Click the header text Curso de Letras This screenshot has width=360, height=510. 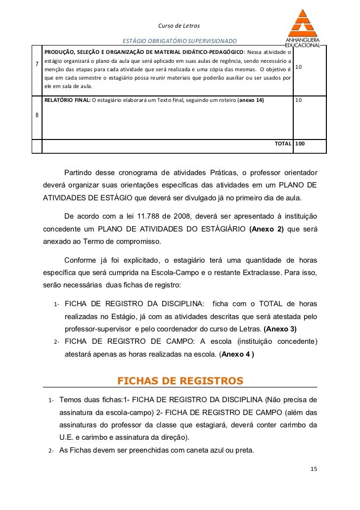coord(179,25)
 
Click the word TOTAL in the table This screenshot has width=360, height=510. coord(283,143)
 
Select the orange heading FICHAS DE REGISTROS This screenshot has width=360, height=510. coord(180,380)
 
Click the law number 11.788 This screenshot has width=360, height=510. coord(143,217)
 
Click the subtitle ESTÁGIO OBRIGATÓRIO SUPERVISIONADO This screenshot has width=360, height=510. coord(180,41)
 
